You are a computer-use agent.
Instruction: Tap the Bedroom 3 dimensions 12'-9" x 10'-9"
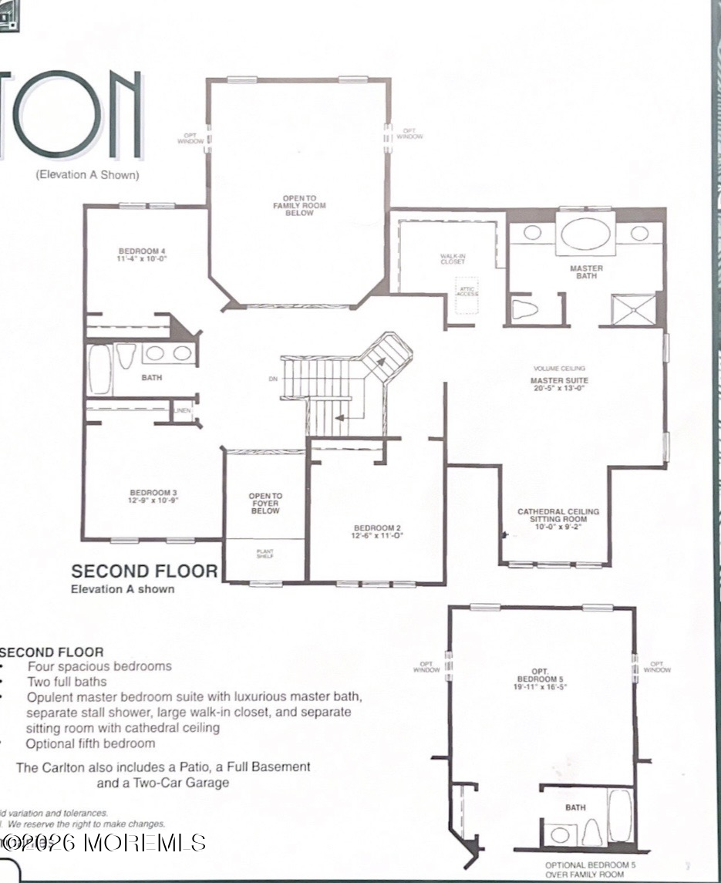click(154, 500)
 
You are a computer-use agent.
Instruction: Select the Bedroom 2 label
click(376, 527)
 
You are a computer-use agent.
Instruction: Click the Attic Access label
click(467, 291)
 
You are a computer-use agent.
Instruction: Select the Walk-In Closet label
click(453, 259)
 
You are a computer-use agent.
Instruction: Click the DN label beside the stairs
click(272, 379)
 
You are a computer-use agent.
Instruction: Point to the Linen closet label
click(183, 410)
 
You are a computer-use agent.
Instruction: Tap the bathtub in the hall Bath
click(100, 369)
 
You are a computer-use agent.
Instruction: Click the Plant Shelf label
click(265, 554)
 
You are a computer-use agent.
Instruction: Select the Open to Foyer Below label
click(265, 504)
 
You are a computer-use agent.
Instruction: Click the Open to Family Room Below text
click(299, 206)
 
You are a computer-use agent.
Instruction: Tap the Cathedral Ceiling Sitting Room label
click(558, 516)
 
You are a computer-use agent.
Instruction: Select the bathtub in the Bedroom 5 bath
click(620, 814)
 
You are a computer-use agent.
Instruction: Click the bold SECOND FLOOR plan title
click(144, 571)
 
